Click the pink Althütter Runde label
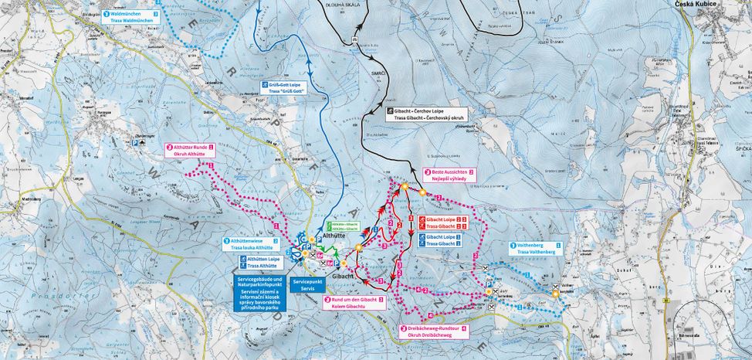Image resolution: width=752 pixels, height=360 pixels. pos(190,150)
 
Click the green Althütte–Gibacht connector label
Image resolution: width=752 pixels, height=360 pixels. pos(344,226)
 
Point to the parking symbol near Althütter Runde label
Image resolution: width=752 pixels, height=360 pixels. pos(134,142)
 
